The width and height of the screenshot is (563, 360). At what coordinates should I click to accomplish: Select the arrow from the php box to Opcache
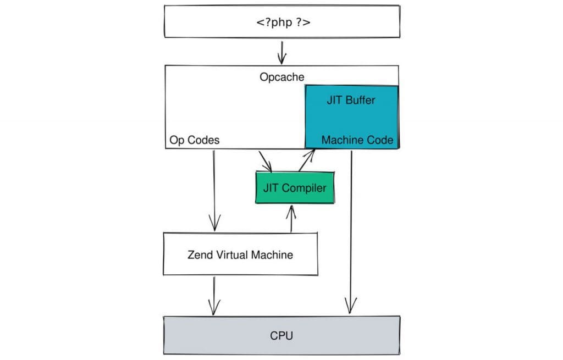[282, 53]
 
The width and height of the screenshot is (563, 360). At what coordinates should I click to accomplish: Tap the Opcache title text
[281, 77]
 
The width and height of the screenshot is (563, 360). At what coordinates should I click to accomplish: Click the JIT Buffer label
[351, 101]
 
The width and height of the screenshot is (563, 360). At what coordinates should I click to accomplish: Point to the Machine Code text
[357, 140]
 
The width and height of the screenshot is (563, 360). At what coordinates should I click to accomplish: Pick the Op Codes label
[195, 140]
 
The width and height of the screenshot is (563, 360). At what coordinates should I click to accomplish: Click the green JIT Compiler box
[295, 188]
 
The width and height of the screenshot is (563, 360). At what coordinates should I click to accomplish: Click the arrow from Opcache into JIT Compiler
[266, 160]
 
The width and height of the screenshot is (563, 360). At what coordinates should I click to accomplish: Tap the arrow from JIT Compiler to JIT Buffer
[306, 160]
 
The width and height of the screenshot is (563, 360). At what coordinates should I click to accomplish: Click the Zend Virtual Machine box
[240, 254]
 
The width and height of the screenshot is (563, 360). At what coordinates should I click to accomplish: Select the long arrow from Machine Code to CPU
[350, 231]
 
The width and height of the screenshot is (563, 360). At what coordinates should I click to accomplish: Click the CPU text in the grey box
[281, 335]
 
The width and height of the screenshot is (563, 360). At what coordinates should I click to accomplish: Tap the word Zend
[200, 254]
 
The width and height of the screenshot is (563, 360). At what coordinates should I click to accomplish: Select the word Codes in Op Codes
[203, 140]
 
